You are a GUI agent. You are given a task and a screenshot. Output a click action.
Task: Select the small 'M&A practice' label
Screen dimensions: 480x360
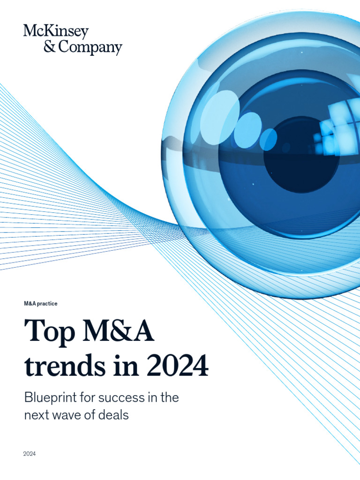point(41,304)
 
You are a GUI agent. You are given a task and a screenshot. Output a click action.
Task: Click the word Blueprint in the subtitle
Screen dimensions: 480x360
point(49,398)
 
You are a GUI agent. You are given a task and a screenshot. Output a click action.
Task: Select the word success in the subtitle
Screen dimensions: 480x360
point(120,398)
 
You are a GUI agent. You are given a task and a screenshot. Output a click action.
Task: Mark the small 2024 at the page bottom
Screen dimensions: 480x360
point(30,454)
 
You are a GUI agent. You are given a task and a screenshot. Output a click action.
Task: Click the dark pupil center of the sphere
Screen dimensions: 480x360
point(301,155)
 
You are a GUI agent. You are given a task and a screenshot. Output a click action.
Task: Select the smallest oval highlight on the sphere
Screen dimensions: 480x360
point(269,139)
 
